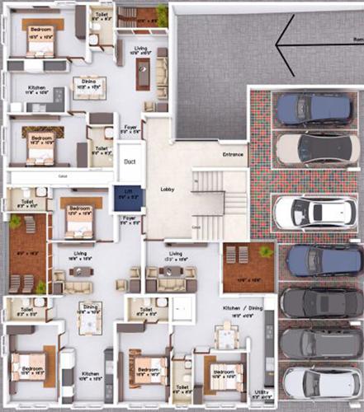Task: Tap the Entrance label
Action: pos(234,154)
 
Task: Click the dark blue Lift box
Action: pos(126,198)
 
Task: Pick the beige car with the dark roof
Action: pos(307,147)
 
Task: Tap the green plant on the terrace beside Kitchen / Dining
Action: pos(264,250)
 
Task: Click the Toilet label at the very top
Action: pos(100,14)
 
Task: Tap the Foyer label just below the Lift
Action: pos(128,218)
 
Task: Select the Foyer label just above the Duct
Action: pos(130,128)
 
